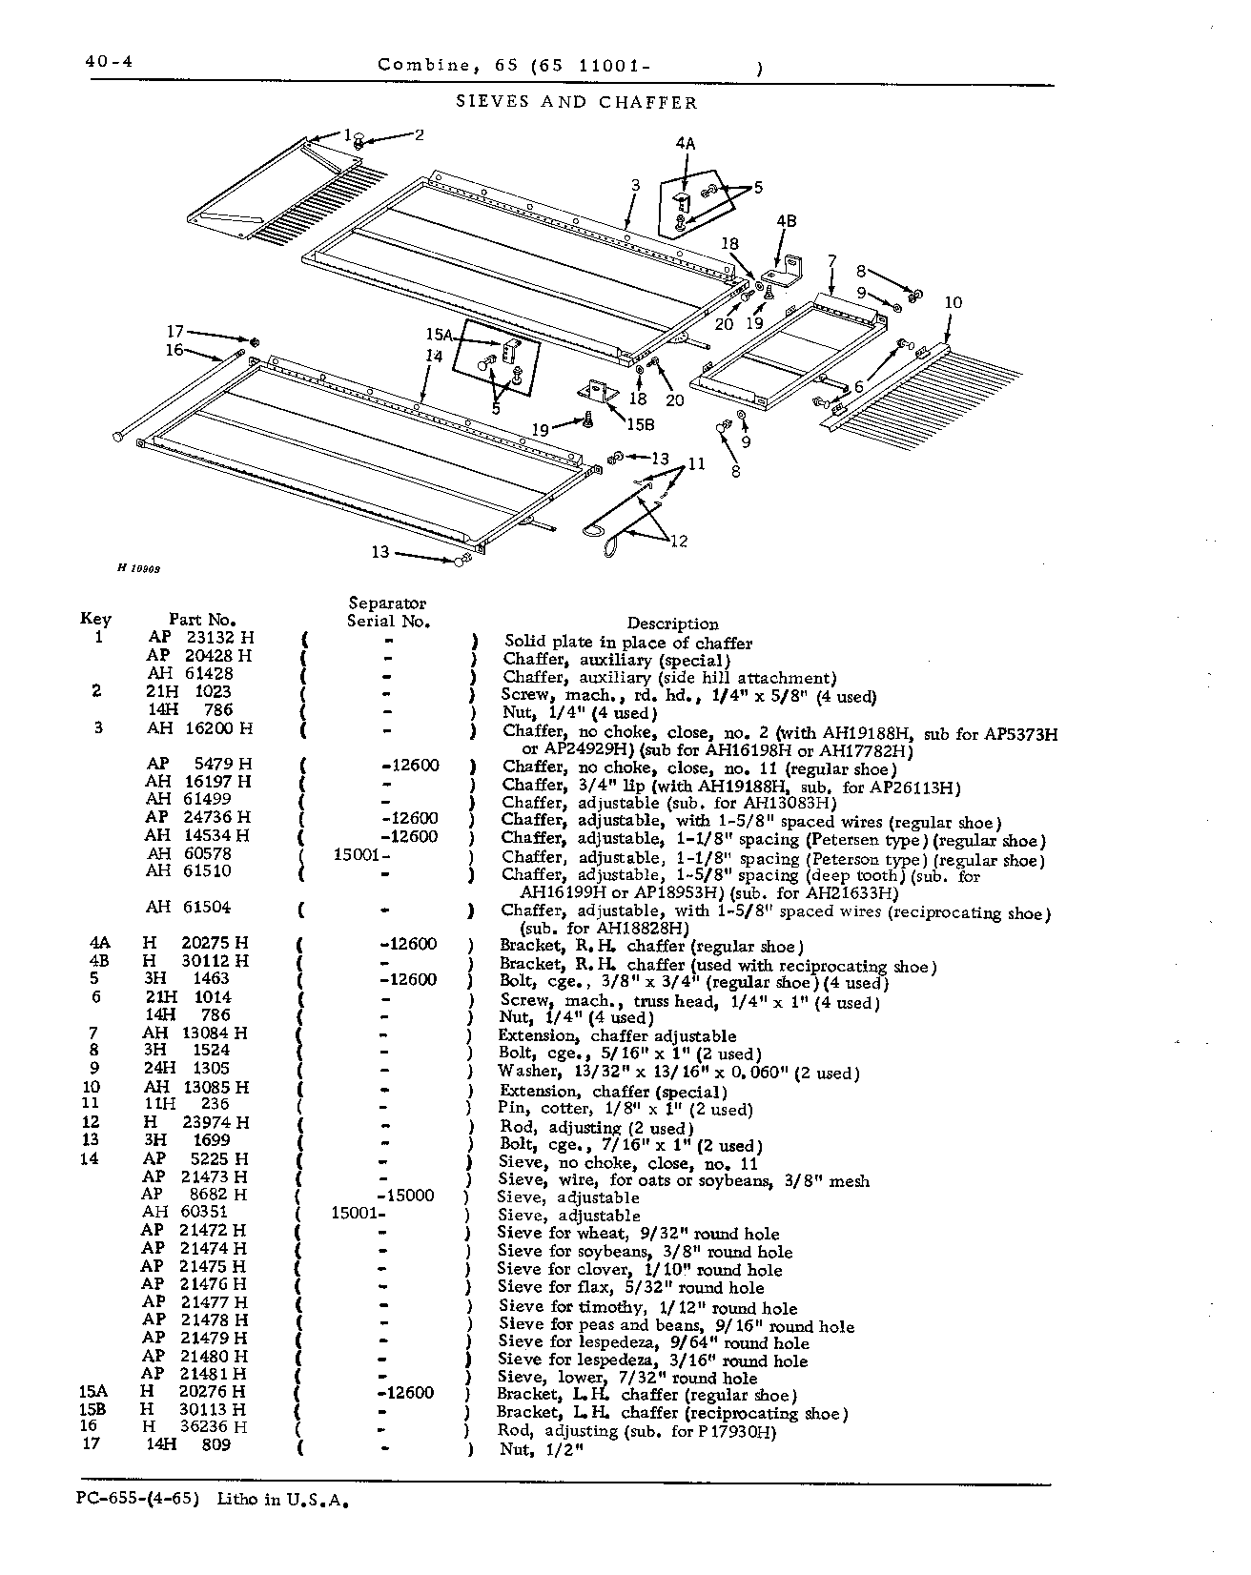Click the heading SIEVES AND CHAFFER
(x=578, y=102)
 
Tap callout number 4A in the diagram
(x=685, y=144)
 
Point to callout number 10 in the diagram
(x=953, y=303)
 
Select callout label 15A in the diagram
(x=439, y=335)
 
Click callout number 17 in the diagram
(x=174, y=332)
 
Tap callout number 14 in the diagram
(x=435, y=356)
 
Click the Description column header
(x=672, y=624)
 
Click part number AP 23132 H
(x=200, y=638)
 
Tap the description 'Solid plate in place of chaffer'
(x=628, y=643)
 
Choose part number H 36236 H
(x=195, y=1427)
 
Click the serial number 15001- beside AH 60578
(x=359, y=854)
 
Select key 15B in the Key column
(x=93, y=1409)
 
